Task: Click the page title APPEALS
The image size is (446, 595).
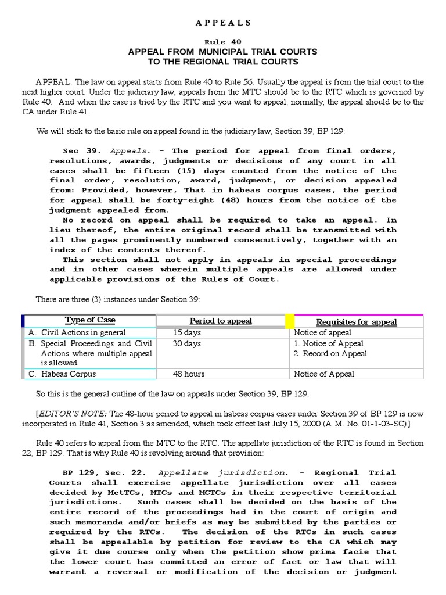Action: point(223,23)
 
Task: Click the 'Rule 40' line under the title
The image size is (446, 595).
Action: point(223,42)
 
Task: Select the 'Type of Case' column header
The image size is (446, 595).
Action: point(90,321)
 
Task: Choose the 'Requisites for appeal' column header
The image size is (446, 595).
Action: point(356,322)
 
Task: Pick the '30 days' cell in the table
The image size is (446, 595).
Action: point(186,344)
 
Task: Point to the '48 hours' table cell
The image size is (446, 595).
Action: point(188,374)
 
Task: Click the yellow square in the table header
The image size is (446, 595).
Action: point(289,321)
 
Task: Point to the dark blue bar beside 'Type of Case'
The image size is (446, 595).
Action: point(23,321)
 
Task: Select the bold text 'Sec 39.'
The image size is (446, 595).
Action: point(78,151)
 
